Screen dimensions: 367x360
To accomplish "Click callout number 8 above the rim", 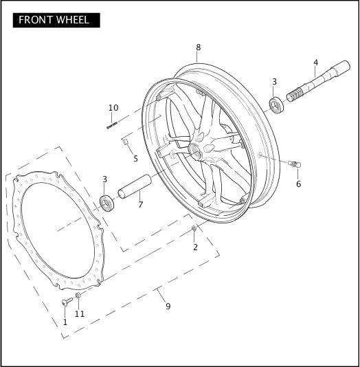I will coord(198,47).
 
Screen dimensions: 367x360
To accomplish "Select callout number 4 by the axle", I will coord(315,63).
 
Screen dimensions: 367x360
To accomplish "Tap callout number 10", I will coord(113,108).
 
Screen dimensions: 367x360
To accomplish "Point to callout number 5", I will coord(135,159).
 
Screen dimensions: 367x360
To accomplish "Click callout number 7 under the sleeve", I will coord(140,204).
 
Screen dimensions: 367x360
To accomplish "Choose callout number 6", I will coord(298,184).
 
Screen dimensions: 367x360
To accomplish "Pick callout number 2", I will coord(195,247).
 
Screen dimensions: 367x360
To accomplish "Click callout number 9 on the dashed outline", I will coord(168,306).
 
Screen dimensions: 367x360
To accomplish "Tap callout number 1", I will coord(65,322).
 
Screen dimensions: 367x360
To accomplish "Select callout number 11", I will coord(80,313).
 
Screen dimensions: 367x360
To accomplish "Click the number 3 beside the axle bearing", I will coord(274,82).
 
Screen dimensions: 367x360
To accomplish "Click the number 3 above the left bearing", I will coord(104,179).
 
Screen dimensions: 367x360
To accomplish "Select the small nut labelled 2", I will coord(194,227).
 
